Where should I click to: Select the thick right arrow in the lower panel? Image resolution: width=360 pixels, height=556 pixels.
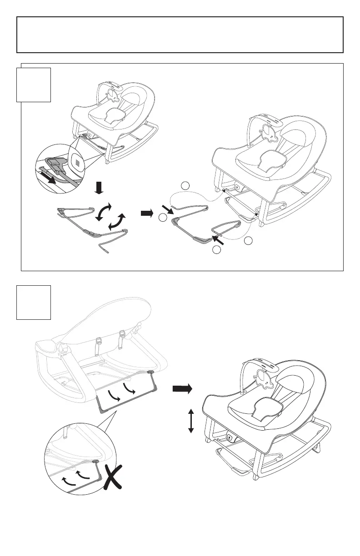[182, 388]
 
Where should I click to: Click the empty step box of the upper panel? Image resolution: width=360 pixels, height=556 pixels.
[33, 85]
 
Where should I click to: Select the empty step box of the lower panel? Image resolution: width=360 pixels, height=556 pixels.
[33, 303]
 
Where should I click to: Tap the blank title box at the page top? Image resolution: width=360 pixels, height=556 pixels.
[180, 35]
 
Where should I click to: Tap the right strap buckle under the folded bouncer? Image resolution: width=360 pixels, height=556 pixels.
[121, 337]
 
